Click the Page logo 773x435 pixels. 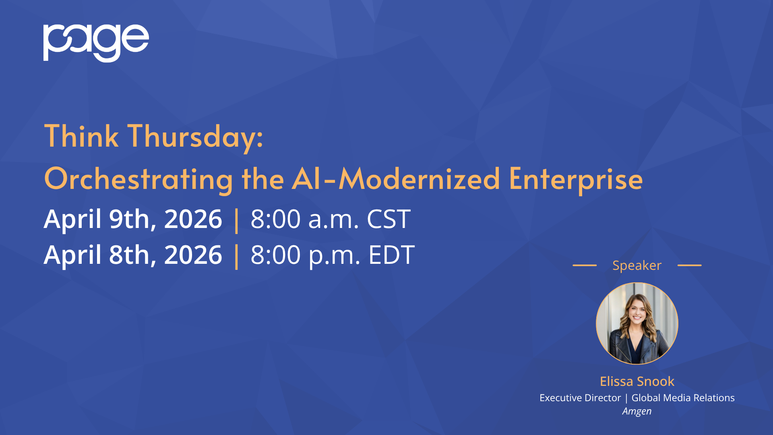tap(96, 43)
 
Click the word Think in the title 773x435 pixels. tap(81, 136)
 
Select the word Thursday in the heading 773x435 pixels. tap(195, 137)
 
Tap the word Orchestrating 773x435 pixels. tap(138, 179)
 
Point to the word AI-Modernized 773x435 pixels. tap(396, 178)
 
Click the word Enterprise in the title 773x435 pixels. tap(576, 180)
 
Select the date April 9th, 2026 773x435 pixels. tap(133, 220)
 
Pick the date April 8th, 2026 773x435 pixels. tap(133, 255)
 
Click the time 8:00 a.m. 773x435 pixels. tap(304, 220)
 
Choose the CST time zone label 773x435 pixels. tap(389, 220)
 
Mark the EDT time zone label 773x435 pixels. tap(391, 255)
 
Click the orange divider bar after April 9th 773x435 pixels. tap(236, 220)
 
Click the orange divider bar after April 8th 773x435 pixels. tap(236, 256)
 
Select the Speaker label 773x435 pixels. tap(637, 266)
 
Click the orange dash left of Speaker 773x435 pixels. tap(585, 265)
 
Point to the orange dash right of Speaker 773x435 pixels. tap(690, 265)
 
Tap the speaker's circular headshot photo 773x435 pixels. tap(637, 323)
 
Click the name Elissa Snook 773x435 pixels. tap(637, 381)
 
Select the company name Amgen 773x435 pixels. tap(637, 411)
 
